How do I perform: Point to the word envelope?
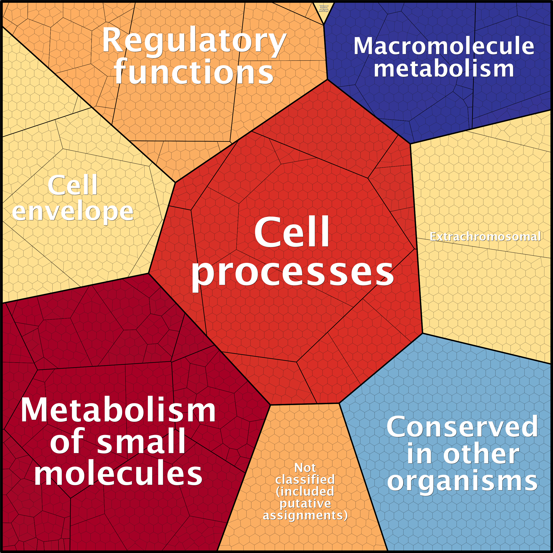click(x=73, y=212)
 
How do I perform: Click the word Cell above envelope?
click(x=73, y=186)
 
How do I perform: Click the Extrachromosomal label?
click(x=485, y=237)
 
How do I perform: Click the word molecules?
click(x=118, y=474)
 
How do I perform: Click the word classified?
click(x=305, y=480)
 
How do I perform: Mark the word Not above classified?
click(x=305, y=468)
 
